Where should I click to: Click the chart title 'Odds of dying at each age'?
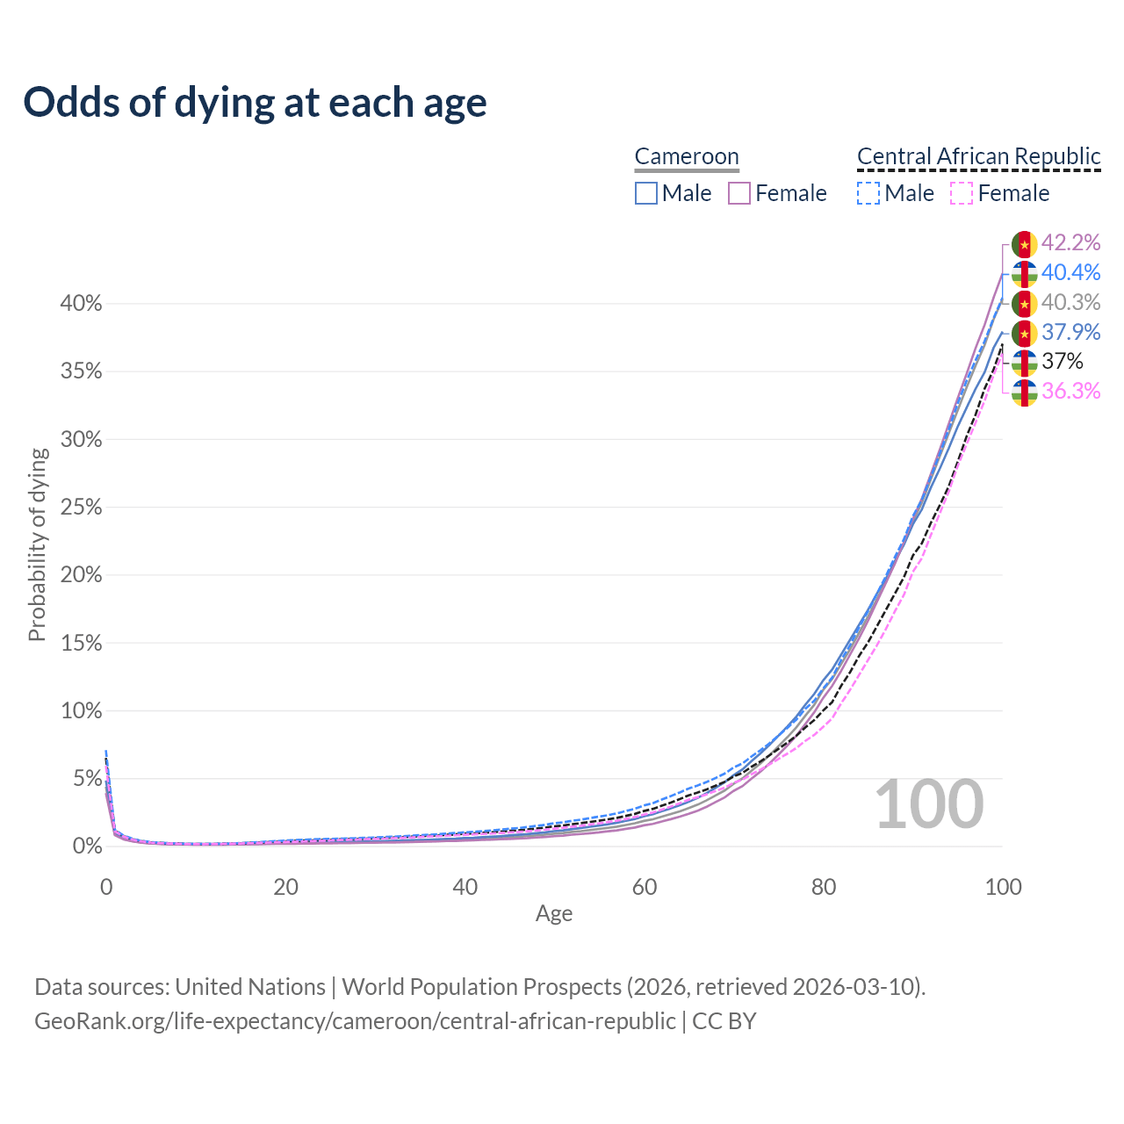(x=255, y=103)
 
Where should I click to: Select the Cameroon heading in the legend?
(x=687, y=156)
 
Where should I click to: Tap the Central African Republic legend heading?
(x=978, y=156)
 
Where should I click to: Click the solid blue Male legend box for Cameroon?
(x=646, y=193)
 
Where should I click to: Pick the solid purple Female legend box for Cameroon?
(x=739, y=193)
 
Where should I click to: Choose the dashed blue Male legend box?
(x=868, y=193)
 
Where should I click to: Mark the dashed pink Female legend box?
(x=962, y=193)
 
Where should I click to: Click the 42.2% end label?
(x=1070, y=242)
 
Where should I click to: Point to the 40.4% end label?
(x=1070, y=272)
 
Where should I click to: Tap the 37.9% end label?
(x=1070, y=332)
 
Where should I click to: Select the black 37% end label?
(x=1063, y=361)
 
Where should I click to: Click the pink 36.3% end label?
(x=1070, y=391)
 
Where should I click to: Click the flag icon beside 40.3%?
(x=1025, y=304)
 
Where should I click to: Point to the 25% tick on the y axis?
(x=82, y=508)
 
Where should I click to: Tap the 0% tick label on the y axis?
(x=87, y=847)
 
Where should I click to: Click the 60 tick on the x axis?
(x=645, y=887)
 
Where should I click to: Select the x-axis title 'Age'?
(x=554, y=913)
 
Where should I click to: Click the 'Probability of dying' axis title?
(x=37, y=544)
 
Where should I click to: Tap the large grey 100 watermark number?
(x=929, y=804)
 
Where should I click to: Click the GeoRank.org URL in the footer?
(x=355, y=1021)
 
